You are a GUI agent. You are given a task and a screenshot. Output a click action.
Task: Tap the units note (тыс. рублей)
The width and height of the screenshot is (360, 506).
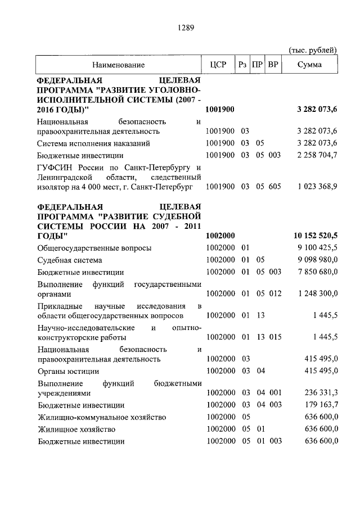pos(313,50)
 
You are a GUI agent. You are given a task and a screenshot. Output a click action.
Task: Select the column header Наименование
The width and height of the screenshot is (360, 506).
pos(119,65)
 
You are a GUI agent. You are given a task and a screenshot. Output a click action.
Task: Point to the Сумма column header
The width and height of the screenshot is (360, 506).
pos(310,65)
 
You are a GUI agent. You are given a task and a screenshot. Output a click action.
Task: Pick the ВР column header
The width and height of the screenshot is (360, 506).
pos(273,65)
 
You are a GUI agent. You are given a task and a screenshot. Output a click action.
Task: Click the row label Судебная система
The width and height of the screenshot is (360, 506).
pos(70,260)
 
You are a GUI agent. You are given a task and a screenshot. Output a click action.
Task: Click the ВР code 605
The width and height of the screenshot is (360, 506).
pos(274,186)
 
